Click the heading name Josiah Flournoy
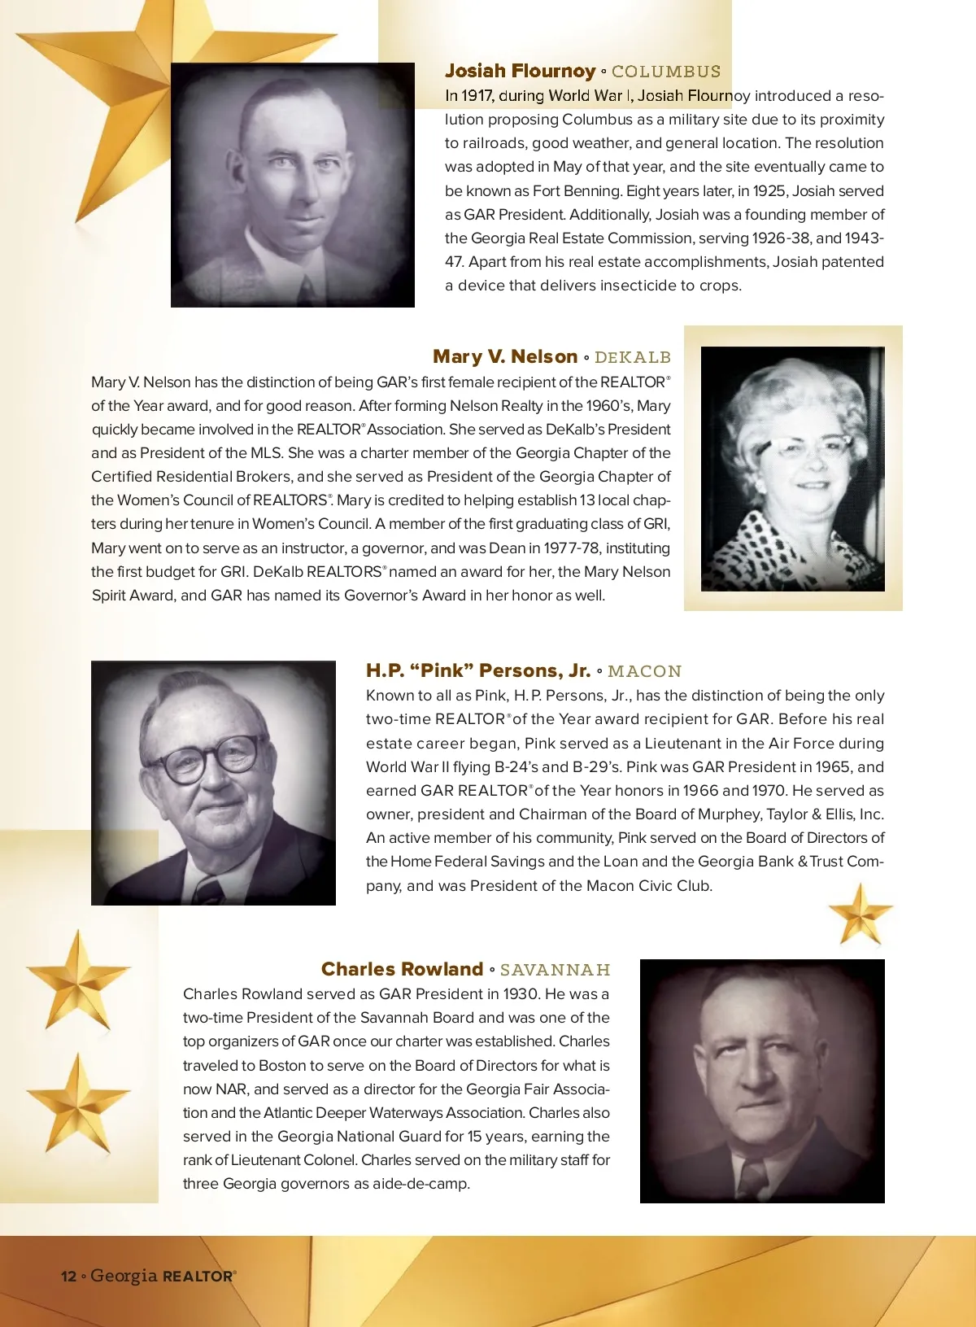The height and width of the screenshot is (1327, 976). click(520, 72)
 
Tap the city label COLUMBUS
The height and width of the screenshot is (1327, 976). click(666, 72)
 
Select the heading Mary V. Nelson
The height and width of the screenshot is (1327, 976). click(505, 356)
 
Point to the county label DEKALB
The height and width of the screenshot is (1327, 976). click(633, 357)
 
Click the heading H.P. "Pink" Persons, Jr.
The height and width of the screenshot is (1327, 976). click(477, 670)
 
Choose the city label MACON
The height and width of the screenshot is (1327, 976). click(644, 671)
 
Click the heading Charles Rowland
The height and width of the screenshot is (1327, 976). click(402, 969)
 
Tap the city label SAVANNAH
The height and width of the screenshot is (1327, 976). click(555, 970)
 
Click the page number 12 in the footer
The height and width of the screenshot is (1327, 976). click(68, 1276)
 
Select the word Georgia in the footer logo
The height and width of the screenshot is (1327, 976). click(124, 1275)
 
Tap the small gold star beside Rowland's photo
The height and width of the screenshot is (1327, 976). click(860, 914)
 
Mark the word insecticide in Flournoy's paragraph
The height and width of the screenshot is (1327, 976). click(624, 286)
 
